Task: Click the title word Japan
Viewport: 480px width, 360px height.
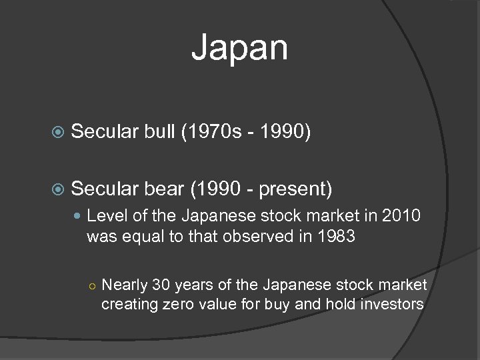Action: [240, 49]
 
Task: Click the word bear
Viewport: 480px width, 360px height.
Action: [163, 189]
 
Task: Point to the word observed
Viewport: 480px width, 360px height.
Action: [277, 236]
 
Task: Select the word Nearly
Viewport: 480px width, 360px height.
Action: [125, 285]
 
